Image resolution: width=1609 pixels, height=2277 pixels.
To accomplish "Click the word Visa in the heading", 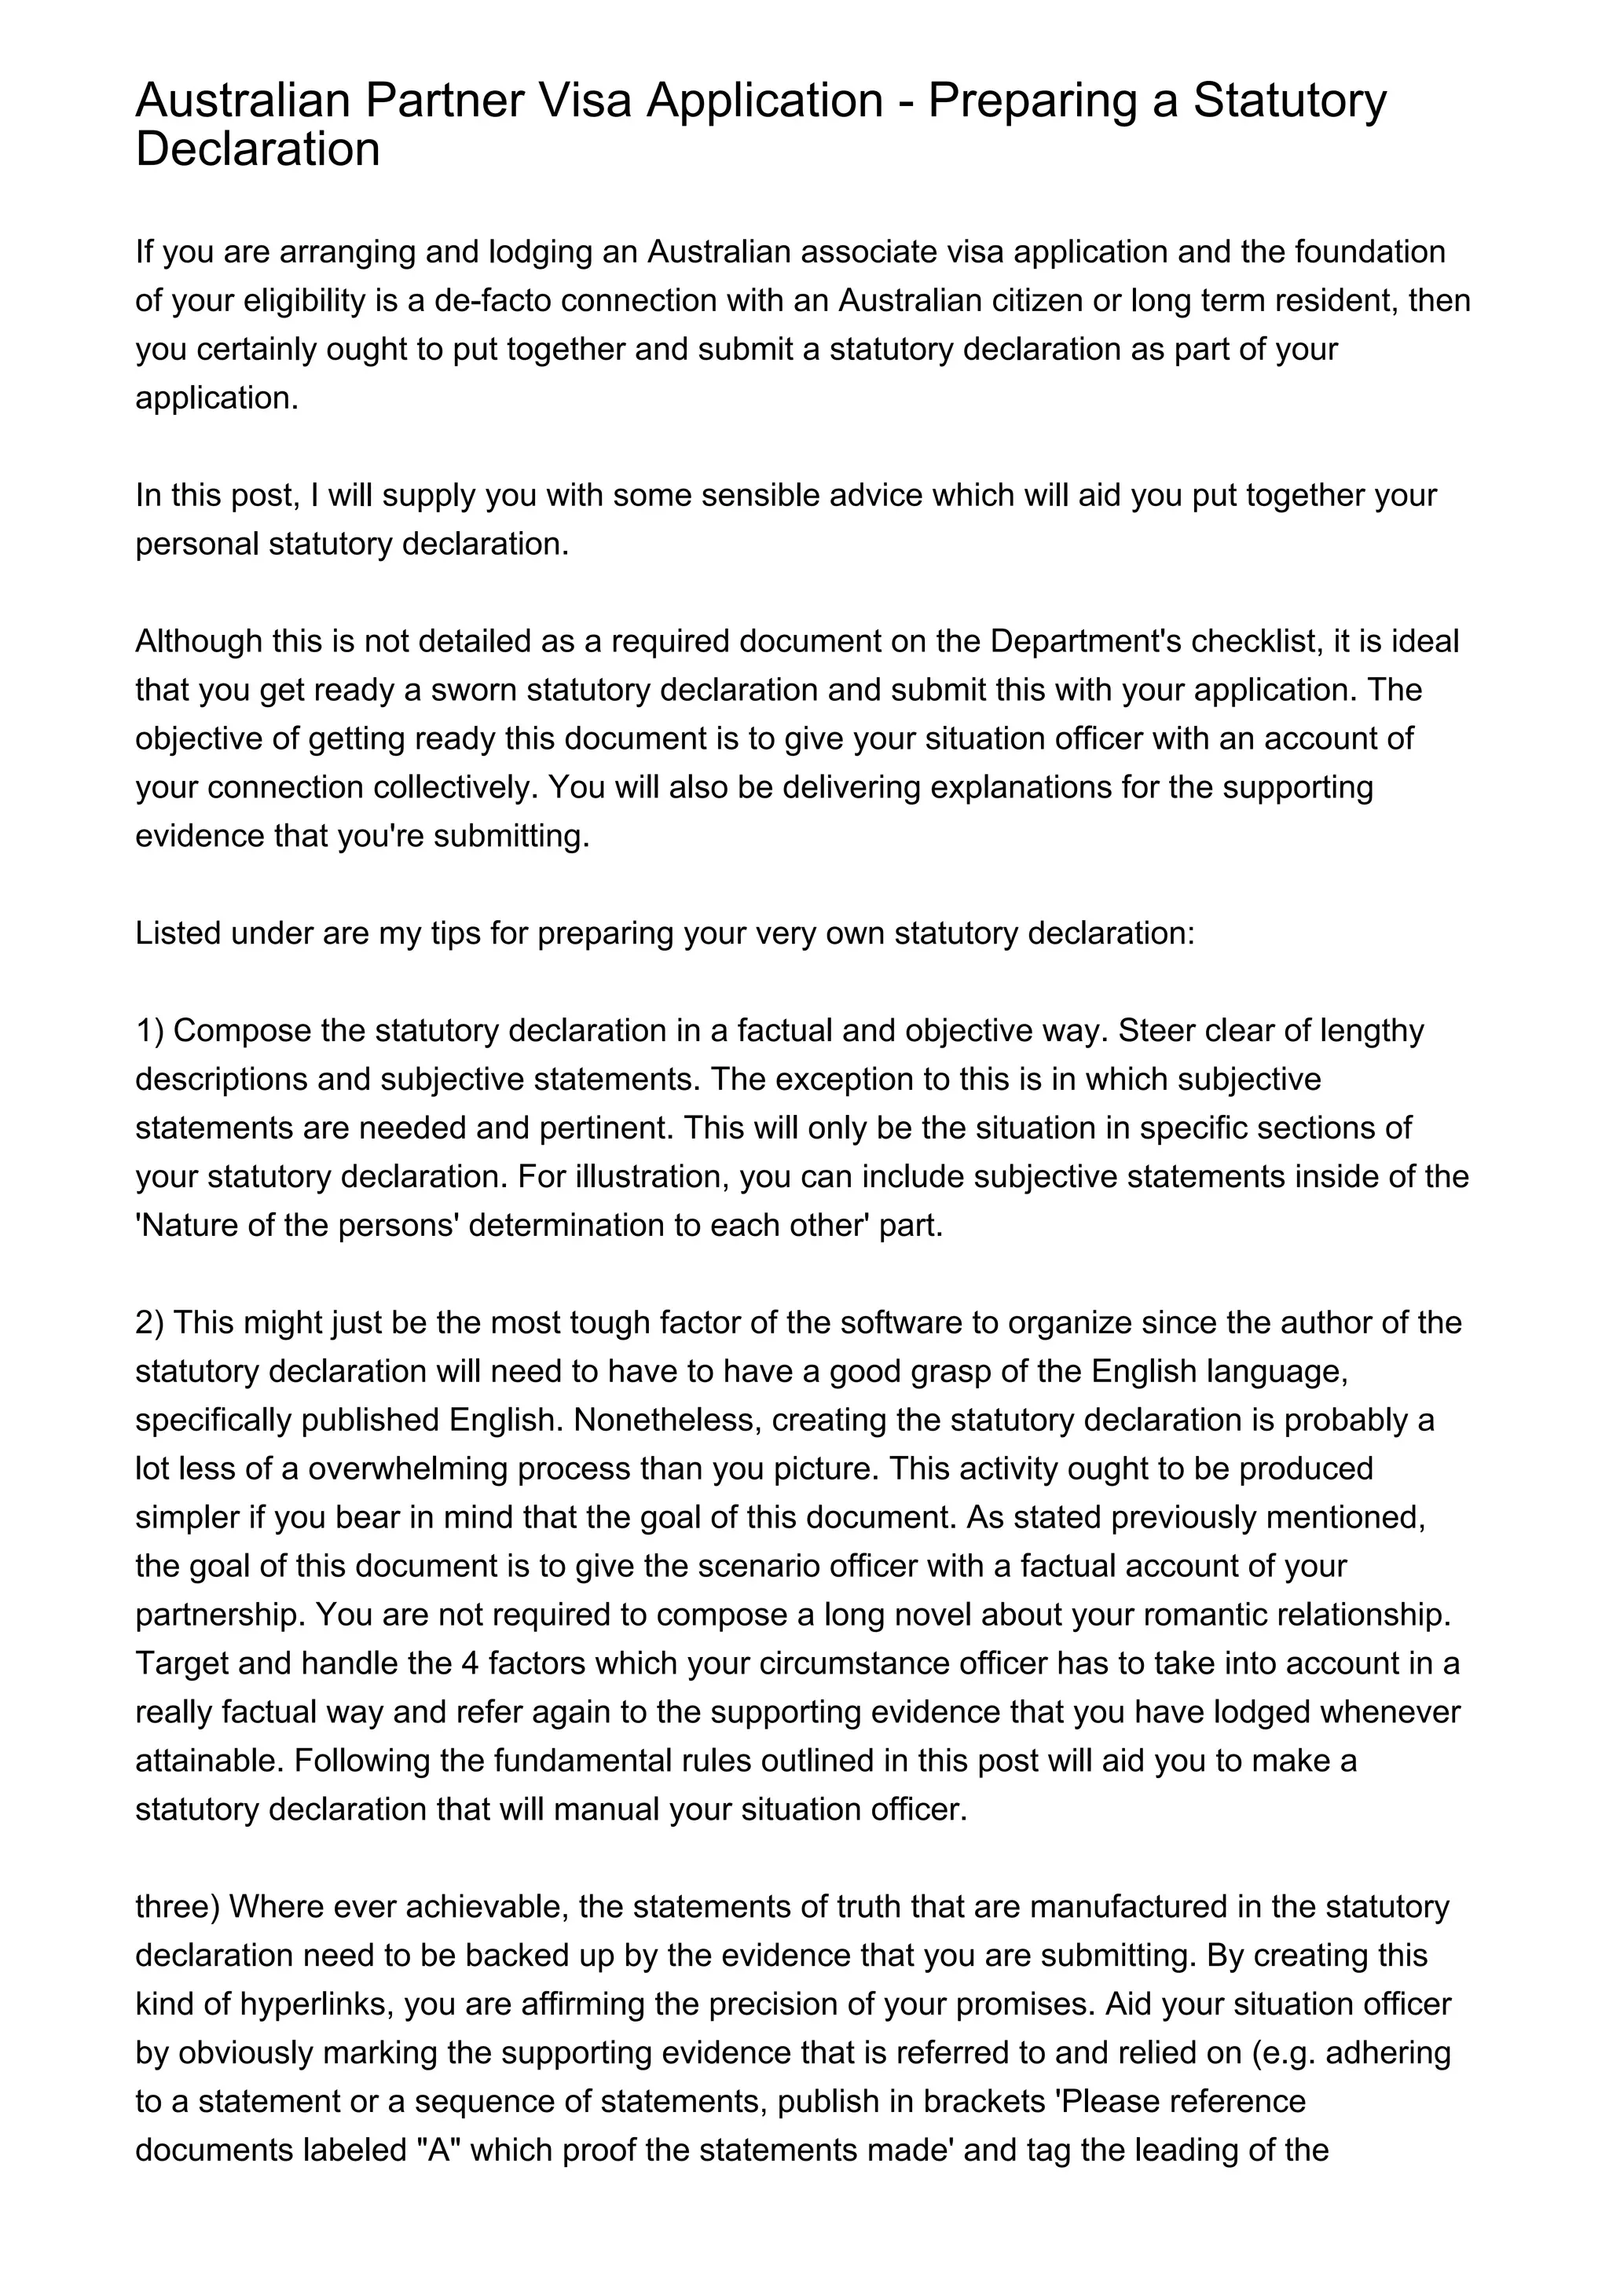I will [584, 100].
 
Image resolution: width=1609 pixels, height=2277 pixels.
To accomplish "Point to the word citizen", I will [1026, 300].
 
